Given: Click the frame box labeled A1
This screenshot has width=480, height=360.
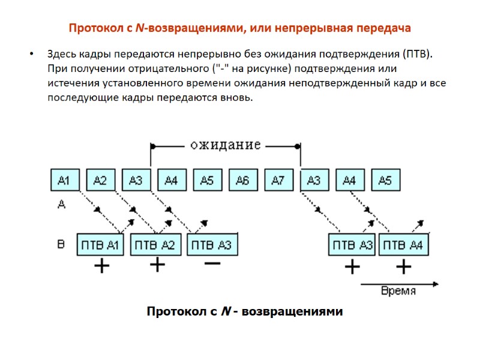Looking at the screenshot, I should pyautogui.click(x=64, y=180).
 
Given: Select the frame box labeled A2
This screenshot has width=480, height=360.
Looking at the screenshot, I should pyautogui.click(x=100, y=180).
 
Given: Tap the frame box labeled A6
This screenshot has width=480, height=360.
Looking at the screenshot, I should pyautogui.click(x=242, y=180).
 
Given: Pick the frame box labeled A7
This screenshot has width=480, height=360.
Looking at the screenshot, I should pyautogui.click(x=278, y=180).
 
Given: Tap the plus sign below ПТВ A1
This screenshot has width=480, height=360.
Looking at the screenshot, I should pyautogui.click(x=102, y=266).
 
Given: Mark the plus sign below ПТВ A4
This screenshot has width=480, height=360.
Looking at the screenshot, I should pyautogui.click(x=403, y=266).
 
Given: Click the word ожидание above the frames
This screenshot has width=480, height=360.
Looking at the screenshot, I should pyautogui.click(x=225, y=145).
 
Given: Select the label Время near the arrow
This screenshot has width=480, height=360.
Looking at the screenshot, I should pyautogui.click(x=398, y=291).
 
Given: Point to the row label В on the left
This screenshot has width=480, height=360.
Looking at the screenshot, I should pyautogui.click(x=61, y=244).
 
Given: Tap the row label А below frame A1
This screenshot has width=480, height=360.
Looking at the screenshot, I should pyautogui.click(x=61, y=205).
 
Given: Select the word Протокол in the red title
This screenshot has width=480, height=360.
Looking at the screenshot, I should pyautogui.click(x=92, y=28).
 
